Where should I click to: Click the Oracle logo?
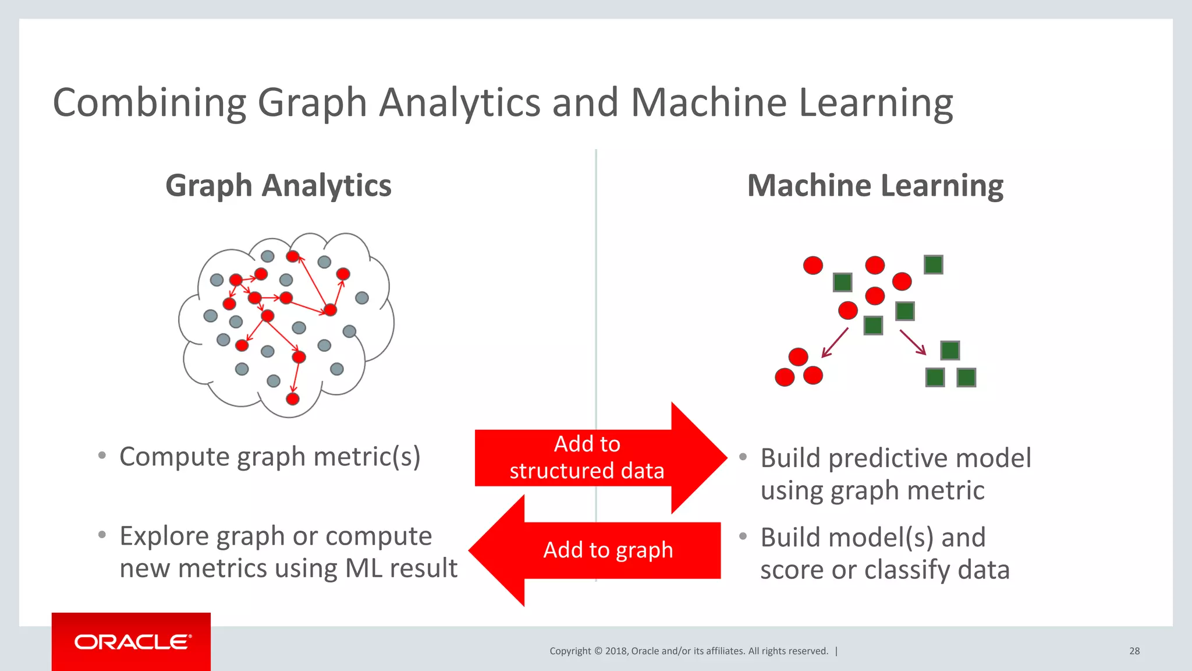[x=132, y=642]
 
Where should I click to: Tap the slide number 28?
[x=1134, y=651]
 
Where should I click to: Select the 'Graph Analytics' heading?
[x=278, y=186]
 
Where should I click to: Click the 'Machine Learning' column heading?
[x=875, y=186]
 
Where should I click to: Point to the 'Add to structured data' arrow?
[x=599, y=458]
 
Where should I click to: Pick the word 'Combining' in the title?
[x=150, y=103]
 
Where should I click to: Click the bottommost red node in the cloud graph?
[x=293, y=398]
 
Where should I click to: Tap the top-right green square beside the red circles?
[x=933, y=265]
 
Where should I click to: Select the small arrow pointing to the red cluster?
[x=834, y=342]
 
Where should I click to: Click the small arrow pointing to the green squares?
[x=913, y=342]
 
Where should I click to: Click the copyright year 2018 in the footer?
[x=616, y=651]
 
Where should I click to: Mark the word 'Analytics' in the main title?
[x=460, y=103]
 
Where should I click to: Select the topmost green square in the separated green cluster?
[x=950, y=351]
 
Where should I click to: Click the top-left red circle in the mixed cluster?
[x=813, y=266]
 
